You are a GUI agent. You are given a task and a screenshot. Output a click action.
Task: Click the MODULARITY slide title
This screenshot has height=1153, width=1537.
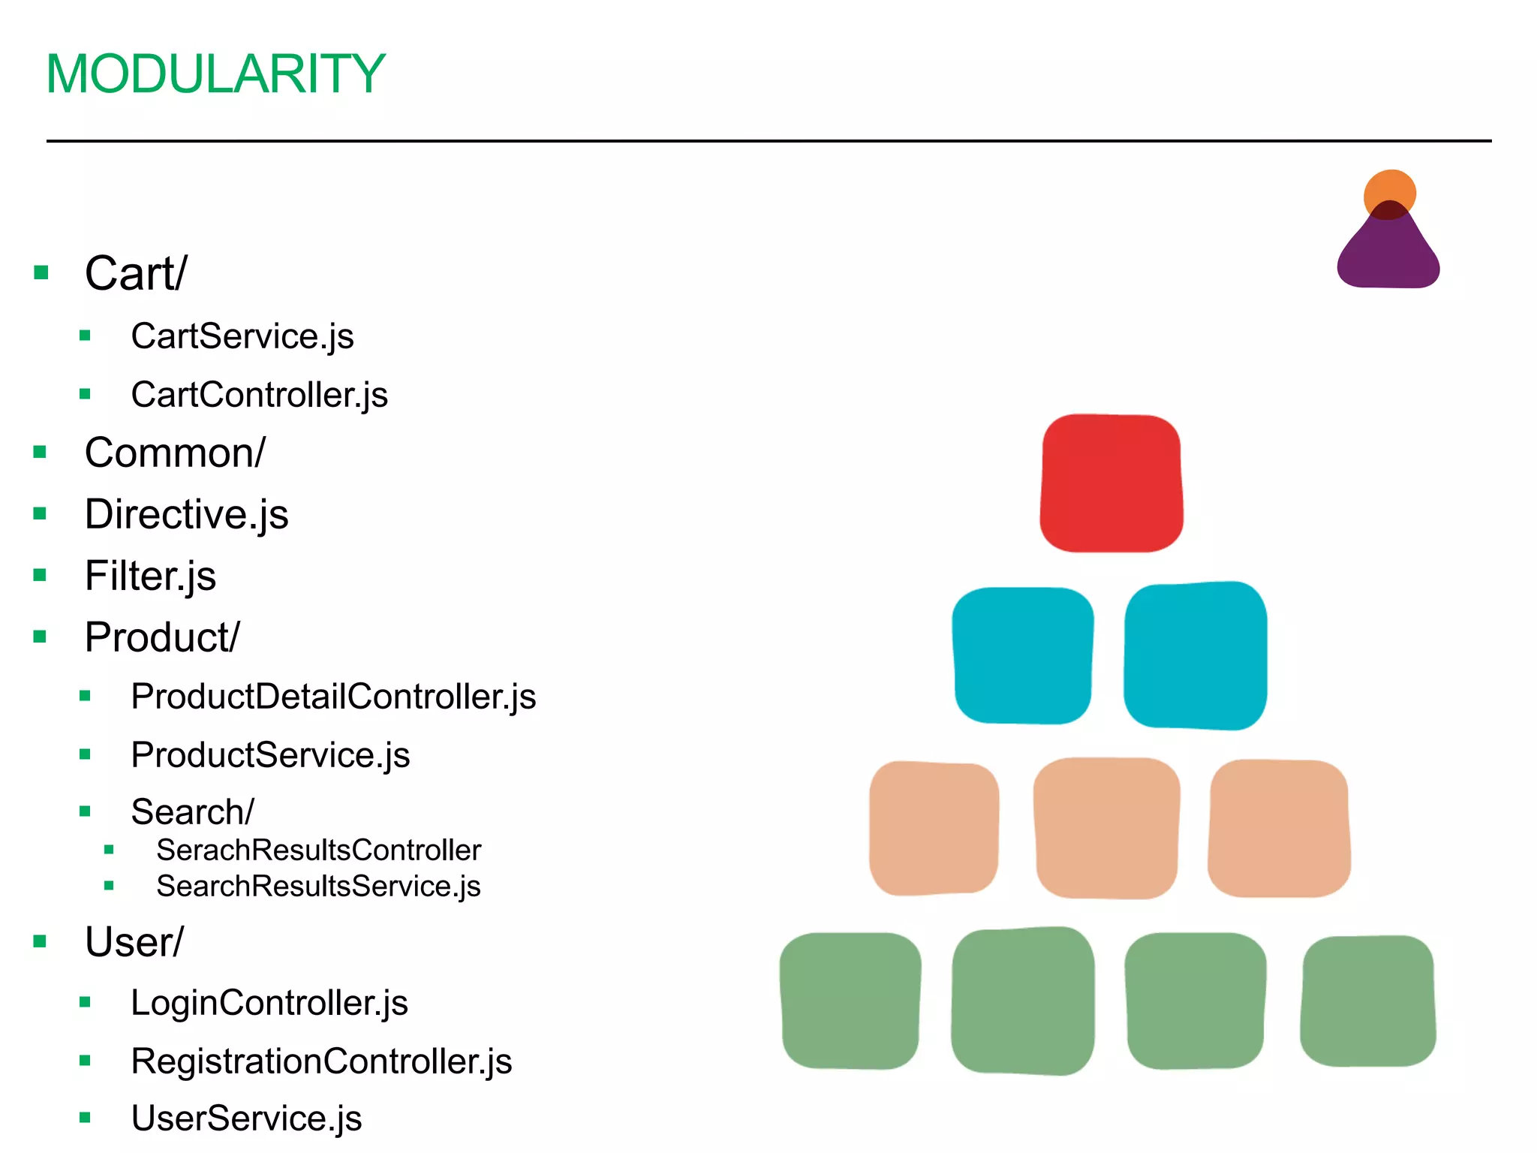pyautogui.click(x=215, y=74)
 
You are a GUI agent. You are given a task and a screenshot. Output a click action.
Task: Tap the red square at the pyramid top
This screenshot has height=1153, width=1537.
pyautogui.click(x=1111, y=483)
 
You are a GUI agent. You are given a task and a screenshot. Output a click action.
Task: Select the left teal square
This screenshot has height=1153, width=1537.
pyautogui.click(x=1022, y=655)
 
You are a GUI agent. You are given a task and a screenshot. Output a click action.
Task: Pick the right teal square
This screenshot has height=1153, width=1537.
pyautogui.click(x=1196, y=655)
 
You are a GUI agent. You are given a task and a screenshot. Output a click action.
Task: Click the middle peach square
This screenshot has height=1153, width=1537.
pyautogui.click(x=1106, y=827)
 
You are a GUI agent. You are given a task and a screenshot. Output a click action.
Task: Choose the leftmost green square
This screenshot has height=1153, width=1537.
pyautogui.click(x=850, y=1001)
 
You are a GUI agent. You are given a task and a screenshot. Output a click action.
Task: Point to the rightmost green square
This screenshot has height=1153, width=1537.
pyautogui.click(x=1367, y=1001)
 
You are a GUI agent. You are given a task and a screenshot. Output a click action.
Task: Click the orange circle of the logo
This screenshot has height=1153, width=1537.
pyautogui.click(x=1390, y=188)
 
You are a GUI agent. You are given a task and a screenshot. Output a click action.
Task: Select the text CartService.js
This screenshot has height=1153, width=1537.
pyautogui.click(x=242, y=336)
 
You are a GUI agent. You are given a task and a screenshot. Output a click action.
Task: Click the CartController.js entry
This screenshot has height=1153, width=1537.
pyautogui.click(x=259, y=395)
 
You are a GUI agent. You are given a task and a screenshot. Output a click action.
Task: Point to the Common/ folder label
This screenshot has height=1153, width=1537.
pyautogui.click(x=175, y=453)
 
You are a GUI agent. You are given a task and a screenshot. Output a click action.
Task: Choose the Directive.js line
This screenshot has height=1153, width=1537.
pyautogui.click(x=186, y=515)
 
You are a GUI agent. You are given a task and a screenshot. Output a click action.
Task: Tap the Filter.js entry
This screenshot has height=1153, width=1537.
pyautogui.click(x=150, y=576)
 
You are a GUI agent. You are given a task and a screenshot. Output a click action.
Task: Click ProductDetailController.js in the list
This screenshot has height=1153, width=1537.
pyautogui.click(x=333, y=697)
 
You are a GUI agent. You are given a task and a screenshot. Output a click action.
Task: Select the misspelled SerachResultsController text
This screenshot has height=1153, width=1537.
pyautogui.click(x=318, y=850)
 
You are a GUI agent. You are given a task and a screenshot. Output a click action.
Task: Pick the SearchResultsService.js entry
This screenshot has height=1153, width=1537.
pyautogui.click(x=318, y=887)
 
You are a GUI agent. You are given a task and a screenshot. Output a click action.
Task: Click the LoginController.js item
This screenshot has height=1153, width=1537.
pyautogui.click(x=269, y=1003)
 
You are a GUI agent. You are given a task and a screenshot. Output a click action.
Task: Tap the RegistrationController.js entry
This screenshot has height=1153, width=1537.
pyautogui.click(x=321, y=1061)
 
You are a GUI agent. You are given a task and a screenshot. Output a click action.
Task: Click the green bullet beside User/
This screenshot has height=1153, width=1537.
pyautogui.click(x=41, y=941)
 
